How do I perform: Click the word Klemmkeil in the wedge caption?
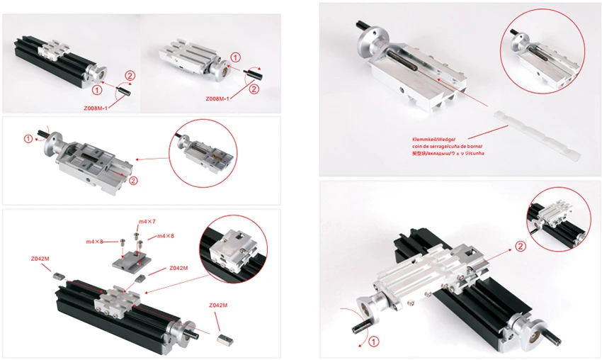click(x=425, y=140)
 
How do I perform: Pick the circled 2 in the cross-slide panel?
click(x=521, y=247)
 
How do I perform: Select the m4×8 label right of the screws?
click(x=166, y=235)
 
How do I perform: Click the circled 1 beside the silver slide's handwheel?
click(x=236, y=57)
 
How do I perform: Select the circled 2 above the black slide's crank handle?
click(x=130, y=74)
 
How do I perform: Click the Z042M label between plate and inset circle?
click(x=178, y=269)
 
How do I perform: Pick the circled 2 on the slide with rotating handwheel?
click(x=134, y=180)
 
